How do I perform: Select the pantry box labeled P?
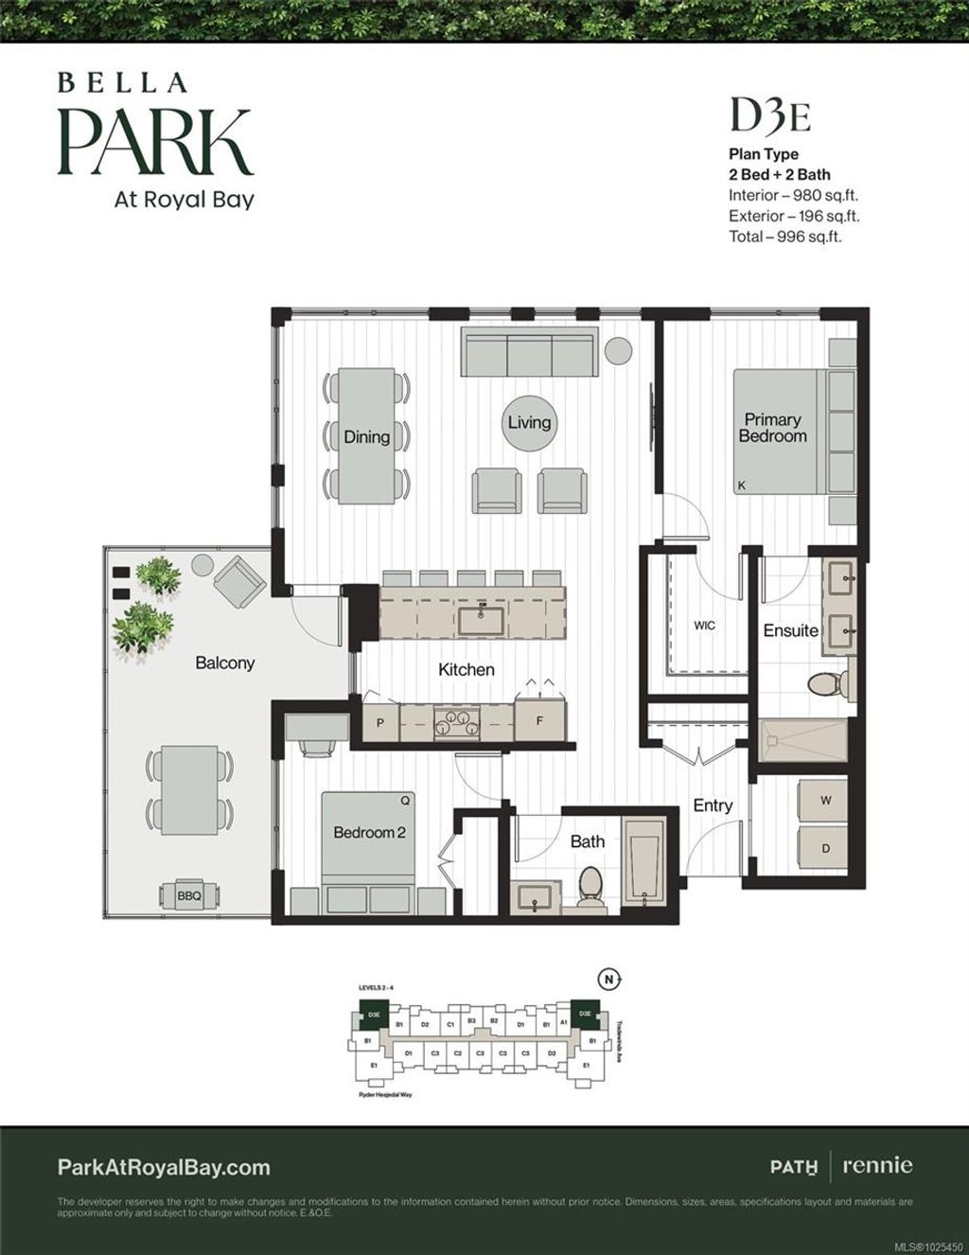380,722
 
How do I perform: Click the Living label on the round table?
529,422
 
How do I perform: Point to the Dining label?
366,436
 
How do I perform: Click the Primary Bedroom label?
772,428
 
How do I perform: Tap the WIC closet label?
704,626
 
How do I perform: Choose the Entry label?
713,805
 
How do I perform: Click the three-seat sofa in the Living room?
530,353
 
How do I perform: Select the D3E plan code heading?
769,116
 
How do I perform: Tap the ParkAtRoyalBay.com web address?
164,1167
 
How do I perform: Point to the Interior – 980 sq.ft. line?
793,195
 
